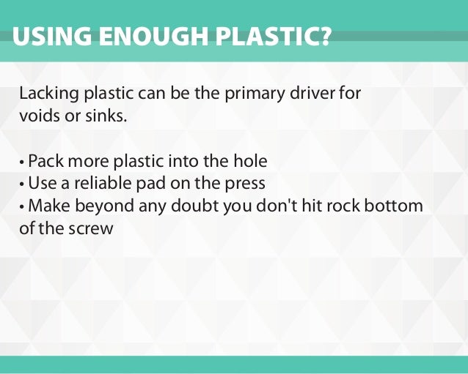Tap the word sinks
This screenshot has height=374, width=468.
(x=98, y=116)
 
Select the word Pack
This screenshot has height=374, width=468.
(x=45, y=161)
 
